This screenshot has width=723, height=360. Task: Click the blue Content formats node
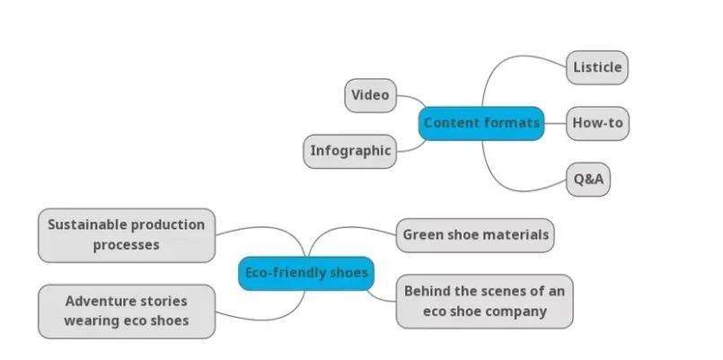pos(481,123)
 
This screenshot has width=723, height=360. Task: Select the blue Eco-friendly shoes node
pos(307,273)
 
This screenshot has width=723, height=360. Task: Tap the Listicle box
pos(597,67)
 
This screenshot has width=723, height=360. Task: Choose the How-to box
pos(597,123)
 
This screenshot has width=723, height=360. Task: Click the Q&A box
pos(589,180)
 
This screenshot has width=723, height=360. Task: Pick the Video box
pos(370,95)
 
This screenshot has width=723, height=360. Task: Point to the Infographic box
pos(350,151)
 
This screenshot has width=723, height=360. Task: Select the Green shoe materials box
pos(475,235)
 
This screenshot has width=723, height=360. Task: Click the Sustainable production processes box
pos(127,234)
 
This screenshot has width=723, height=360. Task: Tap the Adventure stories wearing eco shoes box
pos(127,311)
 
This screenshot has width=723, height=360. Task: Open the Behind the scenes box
pos(484,301)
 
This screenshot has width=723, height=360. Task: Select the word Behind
pos(426,291)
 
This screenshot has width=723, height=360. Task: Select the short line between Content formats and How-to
pos(555,123)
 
